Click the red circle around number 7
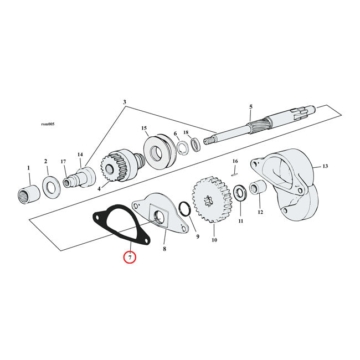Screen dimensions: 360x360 129,258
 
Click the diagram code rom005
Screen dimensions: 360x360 56,124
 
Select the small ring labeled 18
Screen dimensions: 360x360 196,146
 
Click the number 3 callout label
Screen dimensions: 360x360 125,102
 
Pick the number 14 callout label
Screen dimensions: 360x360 80,155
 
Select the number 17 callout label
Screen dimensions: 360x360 64,162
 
